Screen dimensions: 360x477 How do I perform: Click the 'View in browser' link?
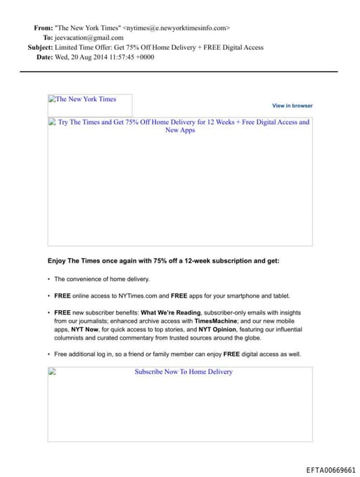coord(292,106)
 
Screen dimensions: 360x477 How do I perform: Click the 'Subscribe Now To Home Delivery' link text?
coord(184,371)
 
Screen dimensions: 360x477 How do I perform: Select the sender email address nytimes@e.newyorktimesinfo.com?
coord(176,28)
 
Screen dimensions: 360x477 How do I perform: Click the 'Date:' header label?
coord(44,57)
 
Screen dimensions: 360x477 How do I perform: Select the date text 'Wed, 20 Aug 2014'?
coord(83,57)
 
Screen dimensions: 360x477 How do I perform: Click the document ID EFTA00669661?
coord(330,469)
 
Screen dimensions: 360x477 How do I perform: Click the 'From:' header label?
coord(43,28)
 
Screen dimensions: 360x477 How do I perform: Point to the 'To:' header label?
coord(48,38)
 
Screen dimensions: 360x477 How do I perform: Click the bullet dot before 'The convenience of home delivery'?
coord(49,279)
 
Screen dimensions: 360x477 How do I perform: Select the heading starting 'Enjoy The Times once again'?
coord(163,261)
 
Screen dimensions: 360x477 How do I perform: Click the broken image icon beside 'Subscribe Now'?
coord(52,372)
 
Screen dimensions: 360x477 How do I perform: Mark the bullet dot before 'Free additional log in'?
coord(49,354)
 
